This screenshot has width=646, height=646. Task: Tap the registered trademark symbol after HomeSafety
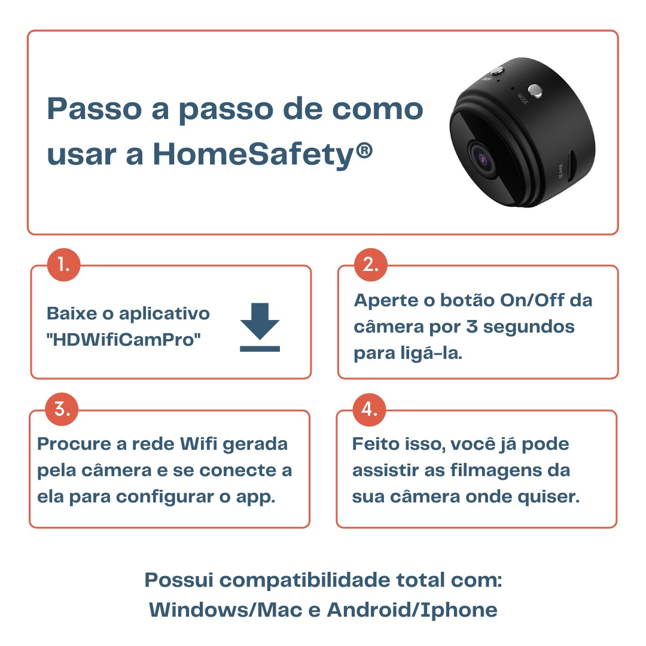coord(364,150)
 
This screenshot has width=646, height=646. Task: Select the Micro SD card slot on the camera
coord(572,166)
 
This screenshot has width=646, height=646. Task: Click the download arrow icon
coord(260,327)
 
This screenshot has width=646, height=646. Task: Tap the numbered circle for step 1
coord(63,264)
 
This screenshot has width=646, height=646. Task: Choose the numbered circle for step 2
coord(371,264)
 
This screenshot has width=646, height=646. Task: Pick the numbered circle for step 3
coord(62,409)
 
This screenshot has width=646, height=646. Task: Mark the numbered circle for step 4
coord(369,409)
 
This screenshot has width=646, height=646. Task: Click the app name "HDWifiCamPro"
coord(124,340)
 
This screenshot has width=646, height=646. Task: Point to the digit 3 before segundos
coord(472,327)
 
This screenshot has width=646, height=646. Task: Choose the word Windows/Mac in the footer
coord(226,610)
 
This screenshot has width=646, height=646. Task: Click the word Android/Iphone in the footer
coord(412,610)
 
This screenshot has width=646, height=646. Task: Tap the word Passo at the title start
coord(95,109)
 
